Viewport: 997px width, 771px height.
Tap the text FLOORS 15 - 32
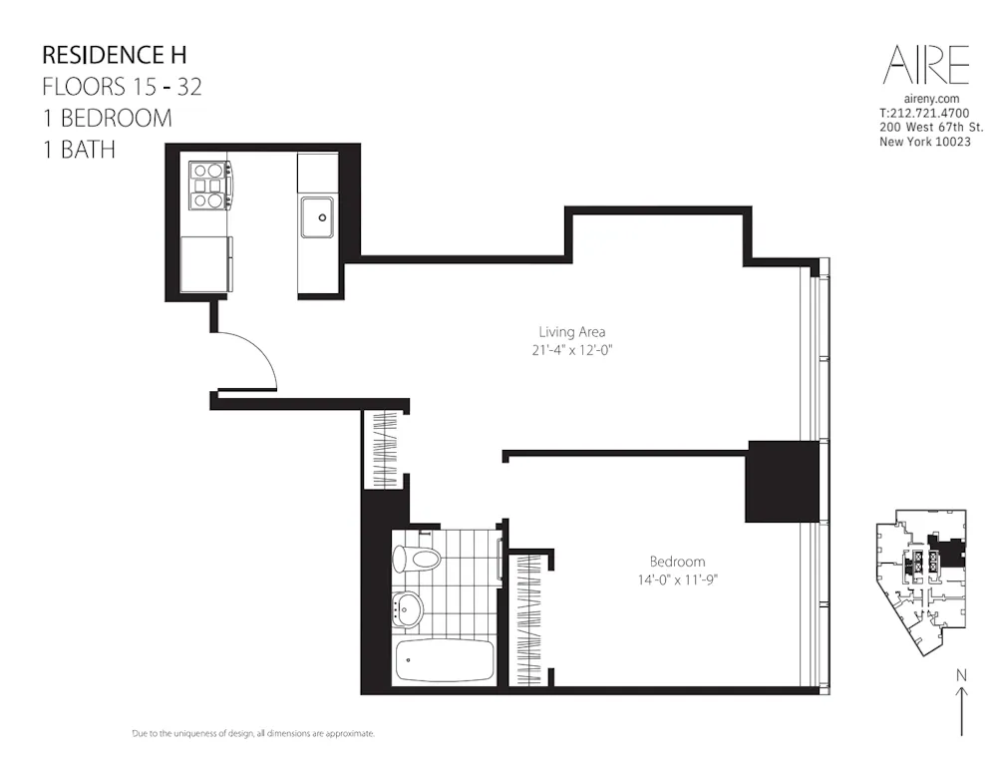point(122,86)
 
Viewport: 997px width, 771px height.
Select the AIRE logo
point(925,65)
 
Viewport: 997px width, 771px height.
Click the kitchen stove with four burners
point(209,185)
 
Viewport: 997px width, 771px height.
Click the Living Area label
point(571,332)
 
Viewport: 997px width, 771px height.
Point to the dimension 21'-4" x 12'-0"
point(571,350)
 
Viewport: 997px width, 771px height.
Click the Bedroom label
point(677,562)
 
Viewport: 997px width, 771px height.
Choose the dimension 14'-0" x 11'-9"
point(677,579)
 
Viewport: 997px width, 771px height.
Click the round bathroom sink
point(407,606)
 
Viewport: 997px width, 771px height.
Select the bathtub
point(444,661)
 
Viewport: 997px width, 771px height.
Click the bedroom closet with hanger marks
point(530,618)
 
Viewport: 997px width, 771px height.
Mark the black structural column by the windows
point(782,481)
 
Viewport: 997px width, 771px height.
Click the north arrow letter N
point(961,675)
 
